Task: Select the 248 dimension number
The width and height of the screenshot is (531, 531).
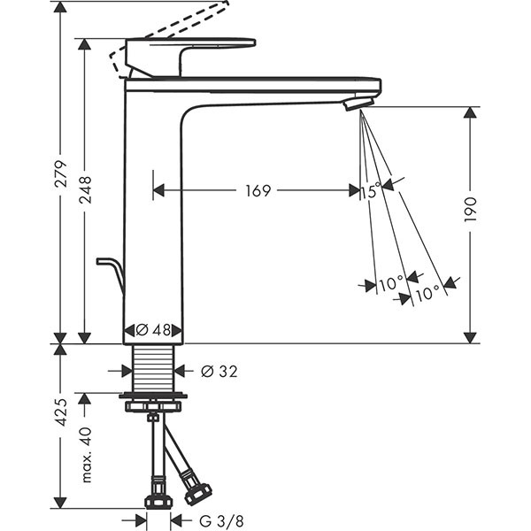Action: pyautogui.click(x=86, y=190)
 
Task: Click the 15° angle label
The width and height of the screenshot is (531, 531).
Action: pyautogui.click(x=371, y=190)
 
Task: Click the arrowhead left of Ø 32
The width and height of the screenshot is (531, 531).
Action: pyautogui.click(x=127, y=371)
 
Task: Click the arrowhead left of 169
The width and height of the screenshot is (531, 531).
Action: pyautogui.click(x=158, y=190)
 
